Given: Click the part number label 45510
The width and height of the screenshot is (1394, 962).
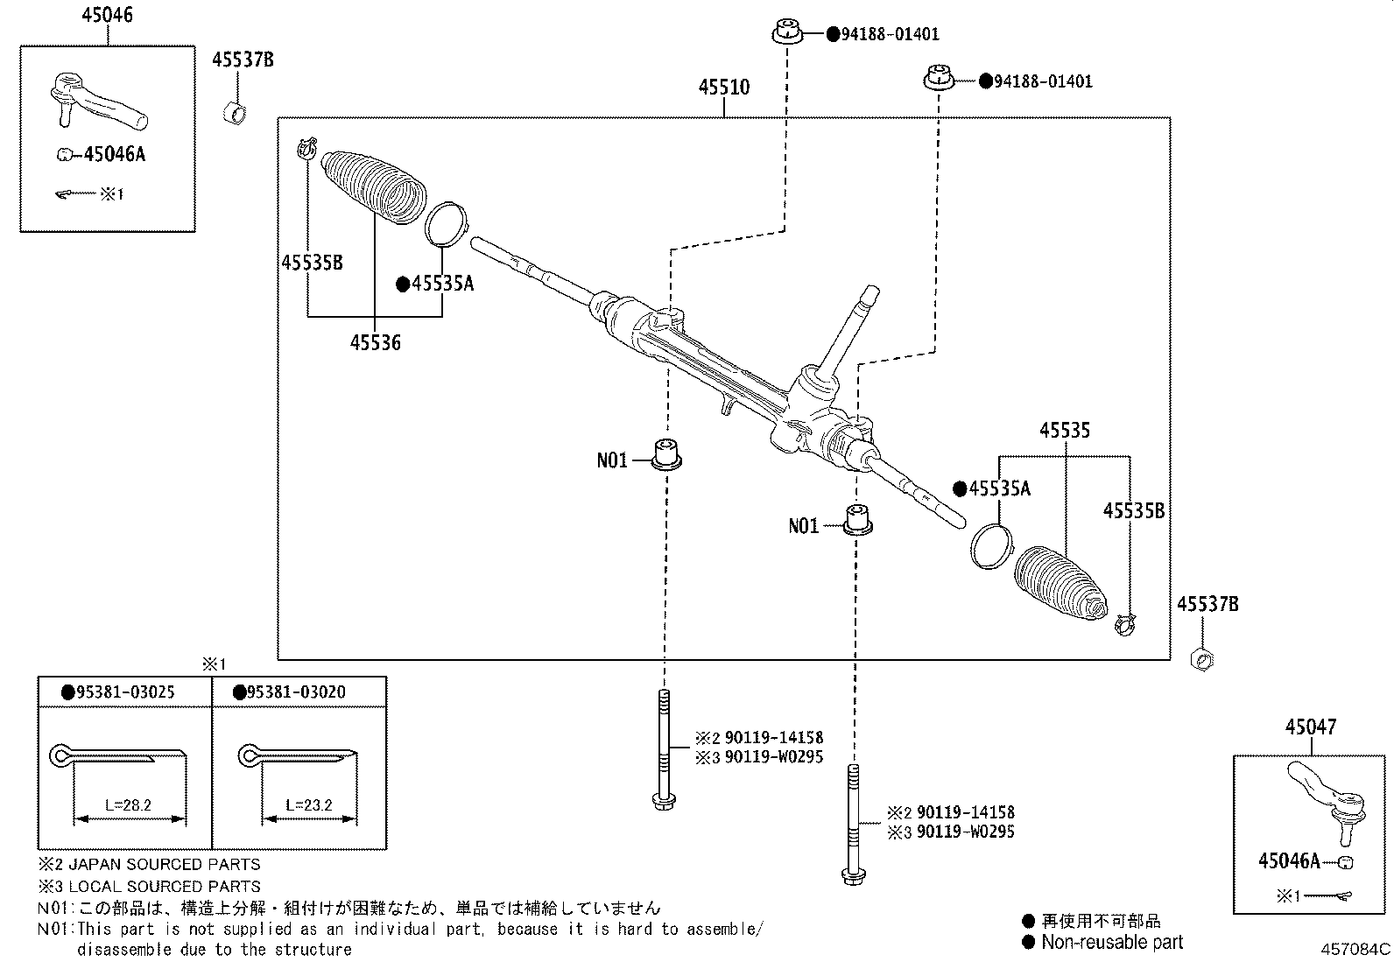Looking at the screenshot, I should tap(723, 88).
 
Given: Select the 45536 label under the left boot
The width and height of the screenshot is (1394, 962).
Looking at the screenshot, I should tap(375, 343).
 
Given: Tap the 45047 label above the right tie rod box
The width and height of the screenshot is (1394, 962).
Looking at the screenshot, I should tap(1311, 727).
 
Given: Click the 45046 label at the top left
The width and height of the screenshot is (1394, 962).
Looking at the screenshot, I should tap(107, 15).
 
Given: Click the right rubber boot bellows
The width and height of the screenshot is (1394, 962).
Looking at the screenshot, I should tap(1060, 585).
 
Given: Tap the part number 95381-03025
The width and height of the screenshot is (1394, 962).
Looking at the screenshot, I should tap(124, 692).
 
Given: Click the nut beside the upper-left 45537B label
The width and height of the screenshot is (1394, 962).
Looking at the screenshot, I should tap(235, 112).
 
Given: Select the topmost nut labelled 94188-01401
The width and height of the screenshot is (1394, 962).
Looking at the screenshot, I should tap(787, 33).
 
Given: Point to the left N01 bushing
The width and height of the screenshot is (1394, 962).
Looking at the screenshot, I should tap(668, 453).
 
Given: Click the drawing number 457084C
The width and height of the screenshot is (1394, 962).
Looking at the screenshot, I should tap(1355, 948).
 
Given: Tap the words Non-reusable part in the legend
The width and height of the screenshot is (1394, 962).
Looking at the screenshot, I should tap(1112, 942).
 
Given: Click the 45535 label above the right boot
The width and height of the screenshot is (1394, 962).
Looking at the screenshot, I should tap(1064, 431).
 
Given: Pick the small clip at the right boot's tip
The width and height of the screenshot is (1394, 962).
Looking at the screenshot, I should tap(1124, 624).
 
